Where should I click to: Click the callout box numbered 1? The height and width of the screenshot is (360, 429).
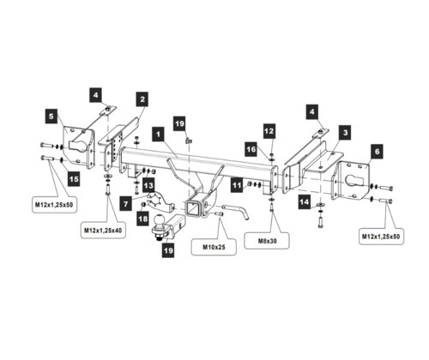(x=159, y=134)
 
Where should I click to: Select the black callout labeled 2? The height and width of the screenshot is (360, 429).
(x=142, y=99)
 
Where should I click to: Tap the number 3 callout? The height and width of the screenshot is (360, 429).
(x=346, y=133)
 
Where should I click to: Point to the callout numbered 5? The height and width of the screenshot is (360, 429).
(x=51, y=117)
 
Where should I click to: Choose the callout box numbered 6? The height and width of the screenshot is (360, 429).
(x=377, y=152)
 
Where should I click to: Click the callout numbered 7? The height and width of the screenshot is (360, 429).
(x=126, y=204)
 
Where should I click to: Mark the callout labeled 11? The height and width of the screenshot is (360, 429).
(x=237, y=185)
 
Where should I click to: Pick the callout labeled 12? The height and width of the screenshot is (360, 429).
(x=269, y=131)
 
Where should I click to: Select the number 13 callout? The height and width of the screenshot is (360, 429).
(x=148, y=186)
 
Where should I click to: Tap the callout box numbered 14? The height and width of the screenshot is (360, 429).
(x=305, y=202)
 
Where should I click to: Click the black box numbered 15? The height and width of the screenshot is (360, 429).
(x=74, y=179)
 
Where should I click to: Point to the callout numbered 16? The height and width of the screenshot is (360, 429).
(x=251, y=149)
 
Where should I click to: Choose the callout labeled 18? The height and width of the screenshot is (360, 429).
(x=142, y=219)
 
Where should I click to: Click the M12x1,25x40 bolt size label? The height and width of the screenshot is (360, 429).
(x=103, y=231)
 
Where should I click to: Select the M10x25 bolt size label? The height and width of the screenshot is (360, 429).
(x=214, y=247)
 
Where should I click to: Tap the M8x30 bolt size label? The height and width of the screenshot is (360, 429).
(x=267, y=241)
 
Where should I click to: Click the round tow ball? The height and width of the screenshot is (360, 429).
(x=159, y=221)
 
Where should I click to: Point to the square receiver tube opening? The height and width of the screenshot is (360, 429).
(x=192, y=208)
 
